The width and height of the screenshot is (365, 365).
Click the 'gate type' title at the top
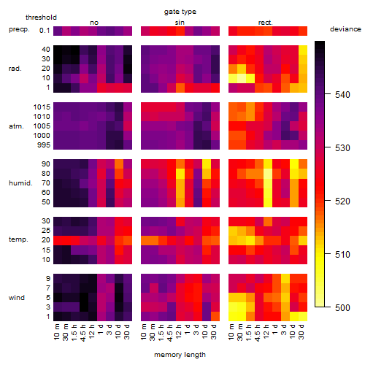coord(180,12)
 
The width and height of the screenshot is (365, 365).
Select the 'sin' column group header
coord(180,23)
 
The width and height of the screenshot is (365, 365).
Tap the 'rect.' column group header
coord(265,23)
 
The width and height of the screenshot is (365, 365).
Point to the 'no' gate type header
coord(94,23)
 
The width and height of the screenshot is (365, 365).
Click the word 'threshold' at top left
coord(41,18)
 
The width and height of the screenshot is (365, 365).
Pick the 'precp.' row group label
coord(19,30)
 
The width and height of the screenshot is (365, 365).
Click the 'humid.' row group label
coord(20,183)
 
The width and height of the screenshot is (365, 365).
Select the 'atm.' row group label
coord(16,126)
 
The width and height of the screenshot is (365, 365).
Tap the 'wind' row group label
coord(17,298)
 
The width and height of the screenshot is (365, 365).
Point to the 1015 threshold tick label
coord(42,107)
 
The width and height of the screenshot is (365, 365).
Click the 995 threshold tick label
coord(44,145)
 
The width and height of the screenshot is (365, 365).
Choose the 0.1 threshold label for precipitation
coord(45,31)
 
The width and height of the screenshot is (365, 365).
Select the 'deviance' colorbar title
coord(345,29)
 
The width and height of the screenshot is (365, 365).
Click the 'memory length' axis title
coord(180,355)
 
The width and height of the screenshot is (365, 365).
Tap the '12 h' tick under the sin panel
coord(179,331)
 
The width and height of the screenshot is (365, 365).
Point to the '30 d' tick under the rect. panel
coord(301,331)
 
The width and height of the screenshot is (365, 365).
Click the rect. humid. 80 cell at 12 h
coord(268,174)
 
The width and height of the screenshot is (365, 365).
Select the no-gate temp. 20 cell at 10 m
coord(58,240)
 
